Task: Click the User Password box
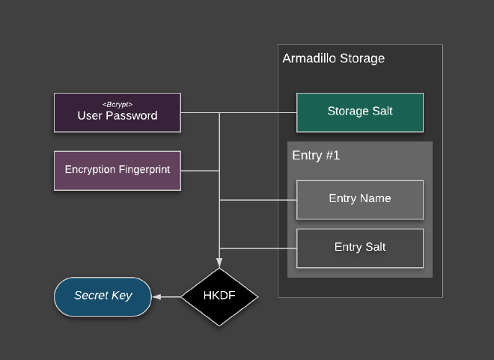(x=117, y=112)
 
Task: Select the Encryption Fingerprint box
(x=117, y=170)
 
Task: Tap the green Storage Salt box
(x=359, y=112)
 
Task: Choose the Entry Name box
(x=359, y=199)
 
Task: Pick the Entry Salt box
(x=359, y=248)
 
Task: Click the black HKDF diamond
(x=219, y=296)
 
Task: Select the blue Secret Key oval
(x=103, y=296)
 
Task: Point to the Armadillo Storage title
(x=333, y=58)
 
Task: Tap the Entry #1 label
(x=315, y=156)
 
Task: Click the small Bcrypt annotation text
(x=117, y=104)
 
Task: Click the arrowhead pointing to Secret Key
(x=156, y=296)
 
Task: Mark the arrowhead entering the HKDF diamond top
(x=219, y=263)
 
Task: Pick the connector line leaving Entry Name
(x=258, y=200)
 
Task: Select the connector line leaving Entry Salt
(x=258, y=248)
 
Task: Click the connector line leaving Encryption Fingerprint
(x=199, y=171)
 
